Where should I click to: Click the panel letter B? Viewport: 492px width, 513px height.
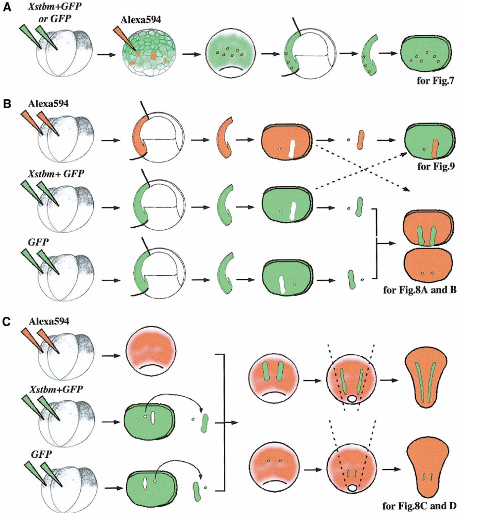pyautogui.click(x=7, y=103)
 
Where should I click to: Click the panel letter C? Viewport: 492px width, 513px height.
pyautogui.click(x=7, y=322)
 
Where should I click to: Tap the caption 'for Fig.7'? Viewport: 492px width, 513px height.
pyautogui.click(x=435, y=80)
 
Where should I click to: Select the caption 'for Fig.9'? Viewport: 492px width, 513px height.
pyautogui.click(x=435, y=166)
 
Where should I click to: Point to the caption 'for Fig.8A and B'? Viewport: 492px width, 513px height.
pyautogui.click(x=420, y=290)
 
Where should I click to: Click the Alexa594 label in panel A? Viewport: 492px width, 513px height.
pyautogui.click(x=141, y=20)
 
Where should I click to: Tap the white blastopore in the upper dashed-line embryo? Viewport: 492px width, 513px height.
pyautogui.click(x=352, y=399)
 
